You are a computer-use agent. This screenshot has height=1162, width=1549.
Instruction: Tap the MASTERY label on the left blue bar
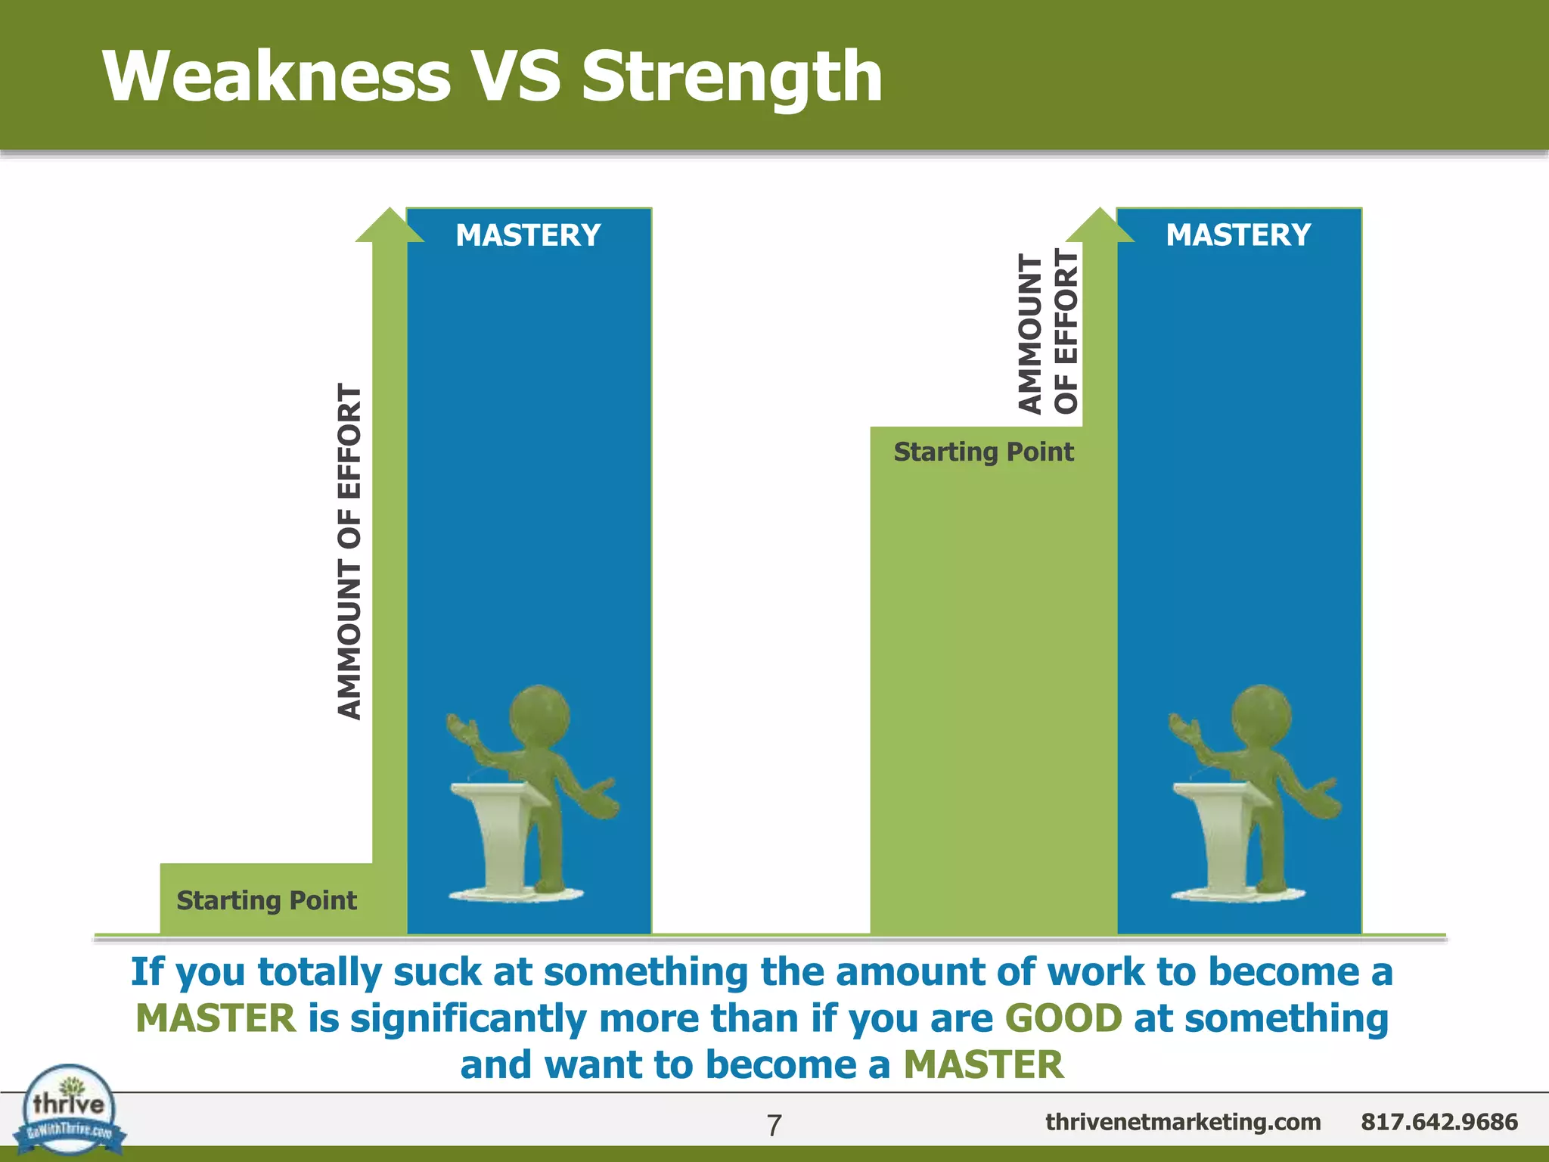click(528, 235)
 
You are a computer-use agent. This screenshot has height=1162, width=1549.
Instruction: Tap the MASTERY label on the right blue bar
click(1238, 235)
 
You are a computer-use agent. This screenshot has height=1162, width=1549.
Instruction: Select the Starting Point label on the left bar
click(266, 900)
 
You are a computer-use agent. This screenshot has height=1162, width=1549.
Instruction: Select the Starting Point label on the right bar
click(983, 452)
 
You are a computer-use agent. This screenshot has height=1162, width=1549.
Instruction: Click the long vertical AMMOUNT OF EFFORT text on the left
click(349, 551)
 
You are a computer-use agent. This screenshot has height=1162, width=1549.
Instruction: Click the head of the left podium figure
click(539, 715)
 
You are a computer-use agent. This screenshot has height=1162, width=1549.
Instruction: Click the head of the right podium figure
click(1261, 715)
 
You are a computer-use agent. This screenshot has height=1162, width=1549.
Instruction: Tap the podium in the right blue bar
click(1221, 832)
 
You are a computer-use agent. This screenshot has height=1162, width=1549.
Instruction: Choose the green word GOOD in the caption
click(1063, 1018)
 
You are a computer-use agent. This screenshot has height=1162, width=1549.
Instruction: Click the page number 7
click(774, 1126)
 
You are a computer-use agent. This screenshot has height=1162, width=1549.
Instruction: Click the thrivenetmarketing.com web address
click(1183, 1122)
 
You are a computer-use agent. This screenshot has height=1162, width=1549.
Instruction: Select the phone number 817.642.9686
click(1439, 1122)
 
